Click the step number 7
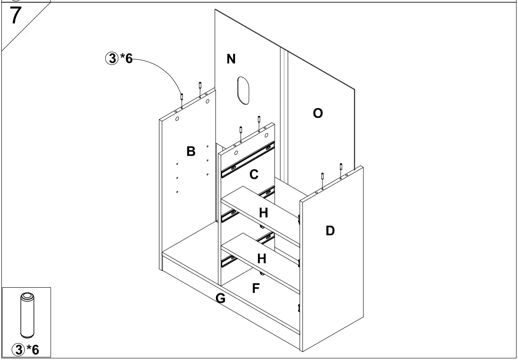point(16,16)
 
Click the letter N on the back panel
point(231,59)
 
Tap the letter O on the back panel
point(318,113)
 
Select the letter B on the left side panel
point(191,152)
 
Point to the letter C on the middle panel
point(253,175)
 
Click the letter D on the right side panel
point(330,230)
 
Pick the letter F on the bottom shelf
point(256,289)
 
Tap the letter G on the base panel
point(220,299)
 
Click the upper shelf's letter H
point(264,213)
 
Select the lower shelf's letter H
point(262,259)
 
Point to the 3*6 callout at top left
point(118,59)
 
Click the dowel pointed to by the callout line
point(181,97)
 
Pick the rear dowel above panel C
point(259,120)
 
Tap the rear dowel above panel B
point(200,86)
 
